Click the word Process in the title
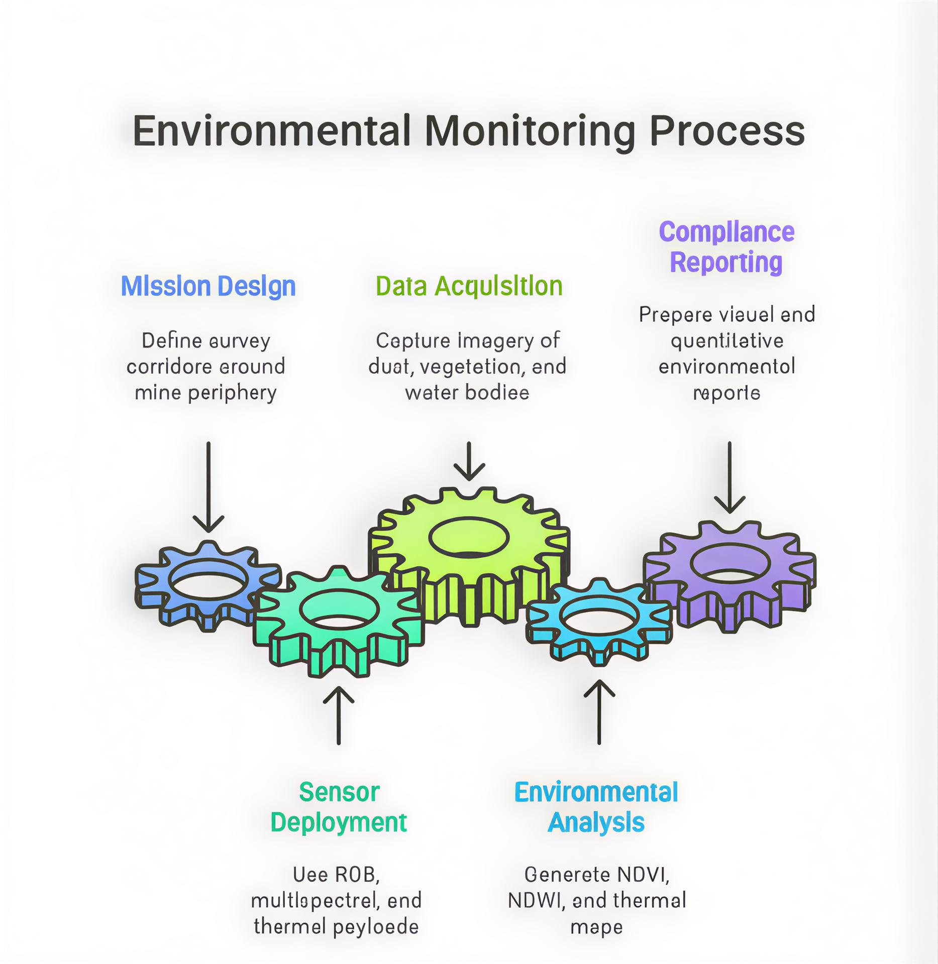click(727, 132)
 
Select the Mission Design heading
click(208, 286)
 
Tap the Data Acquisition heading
click(469, 286)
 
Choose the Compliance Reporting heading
click(726, 247)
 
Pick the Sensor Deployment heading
click(339, 807)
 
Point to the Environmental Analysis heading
click(596, 807)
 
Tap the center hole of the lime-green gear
click(469, 537)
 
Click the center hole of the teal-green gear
click(339, 609)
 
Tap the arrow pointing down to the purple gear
click(729, 477)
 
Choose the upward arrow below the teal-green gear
click(339, 715)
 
